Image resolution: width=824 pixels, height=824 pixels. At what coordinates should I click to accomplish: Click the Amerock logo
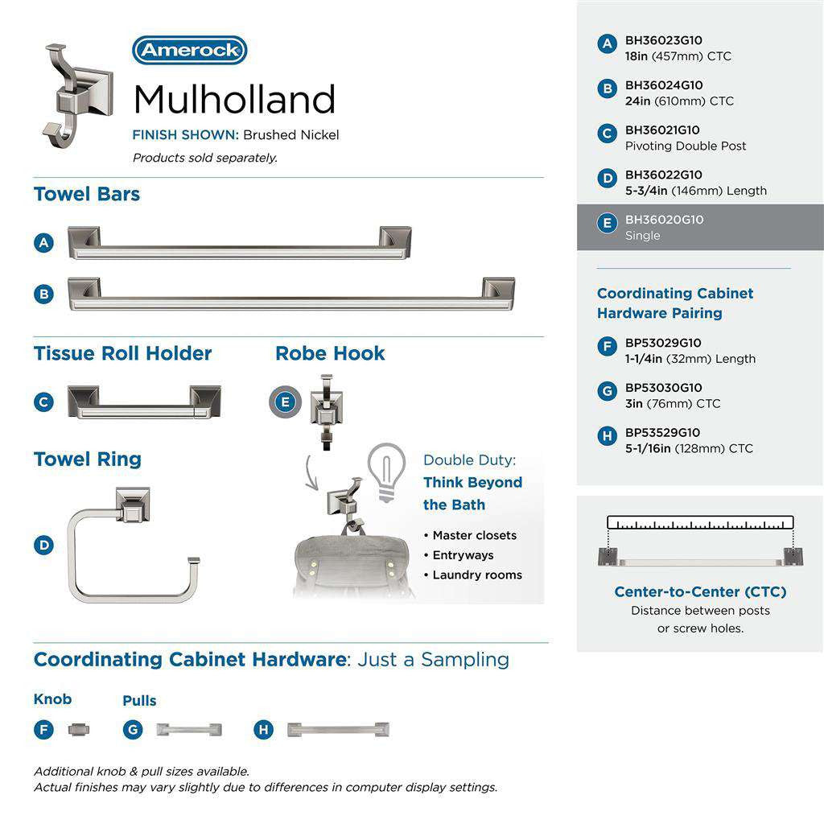pyautogui.click(x=189, y=50)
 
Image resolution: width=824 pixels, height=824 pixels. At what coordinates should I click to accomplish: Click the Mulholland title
pyautogui.click(x=234, y=100)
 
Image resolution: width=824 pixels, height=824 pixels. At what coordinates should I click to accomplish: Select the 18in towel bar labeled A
pyautogui.click(x=239, y=243)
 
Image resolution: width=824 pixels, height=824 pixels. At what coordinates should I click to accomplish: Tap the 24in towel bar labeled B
pyautogui.click(x=290, y=294)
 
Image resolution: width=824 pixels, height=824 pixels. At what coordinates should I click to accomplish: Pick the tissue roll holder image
pyautogui.click(x=144, y=402)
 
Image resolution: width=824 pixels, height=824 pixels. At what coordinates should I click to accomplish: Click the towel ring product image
pyautogui.click(x=132, y=545)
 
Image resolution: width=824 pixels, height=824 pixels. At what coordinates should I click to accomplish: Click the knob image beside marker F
pyautogui.click(x=79, y=730)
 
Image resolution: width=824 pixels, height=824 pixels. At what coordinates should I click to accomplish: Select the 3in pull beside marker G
pyautogui.click(x=188, y=730)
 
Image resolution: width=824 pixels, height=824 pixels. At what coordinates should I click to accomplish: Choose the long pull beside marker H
pyautogui.click(x=339, y=730)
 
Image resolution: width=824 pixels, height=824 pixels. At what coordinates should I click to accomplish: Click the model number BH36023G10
pyautogui.click(x=663, y=40)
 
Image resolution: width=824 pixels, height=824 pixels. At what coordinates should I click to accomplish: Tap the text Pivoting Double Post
pyautogui.click(x=686, y=146)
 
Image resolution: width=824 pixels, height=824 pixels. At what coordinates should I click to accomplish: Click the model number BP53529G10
pyautogui.click(x=663, y=432)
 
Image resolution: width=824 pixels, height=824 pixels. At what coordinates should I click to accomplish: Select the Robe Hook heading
pyautogui.click(x=330, y=353)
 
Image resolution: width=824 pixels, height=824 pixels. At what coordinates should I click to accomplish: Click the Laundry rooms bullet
pyautogui.click(x=476, y=575)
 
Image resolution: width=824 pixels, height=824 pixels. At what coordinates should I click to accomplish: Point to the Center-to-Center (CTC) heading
pyautogui.click(x=700, y=592)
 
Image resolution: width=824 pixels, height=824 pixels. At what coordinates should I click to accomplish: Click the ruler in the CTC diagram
pyautogui.click(x=700, y=522)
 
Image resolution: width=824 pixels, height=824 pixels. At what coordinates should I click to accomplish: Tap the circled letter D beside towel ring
pyautogui.click(x=43, y=545)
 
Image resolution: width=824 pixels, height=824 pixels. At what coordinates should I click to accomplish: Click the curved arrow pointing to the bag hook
pyautogui.click(x=310, y=474)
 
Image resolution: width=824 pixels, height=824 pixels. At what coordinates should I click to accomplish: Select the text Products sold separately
pyautogui.click(x=204, y=158)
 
